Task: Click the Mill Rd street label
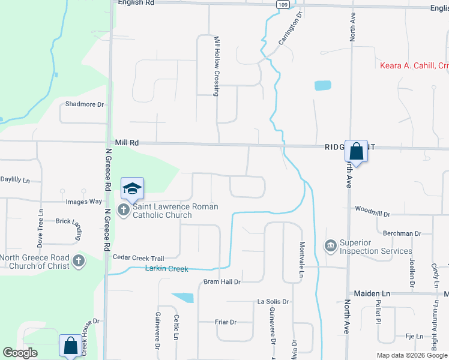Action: coord(127,143)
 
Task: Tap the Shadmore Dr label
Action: coord(85,104)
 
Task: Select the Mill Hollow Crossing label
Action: coord(217,65)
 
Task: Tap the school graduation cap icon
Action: coord(132,189)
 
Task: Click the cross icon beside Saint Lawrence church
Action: coord(123,210)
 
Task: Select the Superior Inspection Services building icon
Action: coord(330,246)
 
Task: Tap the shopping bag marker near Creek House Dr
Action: coord(70,346)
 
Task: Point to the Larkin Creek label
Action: coord(167,269)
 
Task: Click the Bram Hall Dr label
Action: coord(222,281)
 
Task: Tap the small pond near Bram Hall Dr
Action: coord(183,297)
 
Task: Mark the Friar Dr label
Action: coord(225,322)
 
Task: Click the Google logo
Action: coord(20,353)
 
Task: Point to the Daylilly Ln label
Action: coord(15,179)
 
